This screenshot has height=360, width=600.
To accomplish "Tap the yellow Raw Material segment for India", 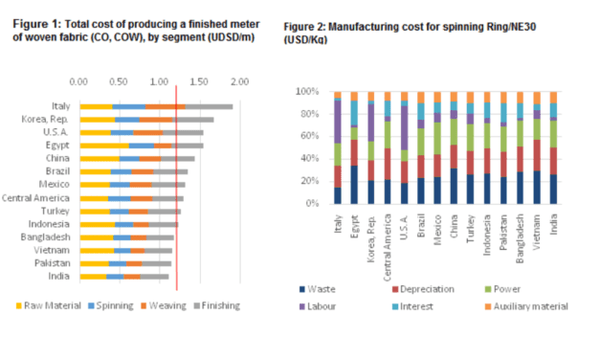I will click(93, 276).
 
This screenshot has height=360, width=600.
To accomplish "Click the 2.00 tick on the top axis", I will click(239, 81).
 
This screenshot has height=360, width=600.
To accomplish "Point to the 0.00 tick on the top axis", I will click(79, 81).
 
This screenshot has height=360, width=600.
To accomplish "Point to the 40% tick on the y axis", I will click(316, 159).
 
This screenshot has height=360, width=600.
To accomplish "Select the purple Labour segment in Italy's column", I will click(338, 121).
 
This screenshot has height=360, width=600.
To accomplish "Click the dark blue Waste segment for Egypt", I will click(354, 185).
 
